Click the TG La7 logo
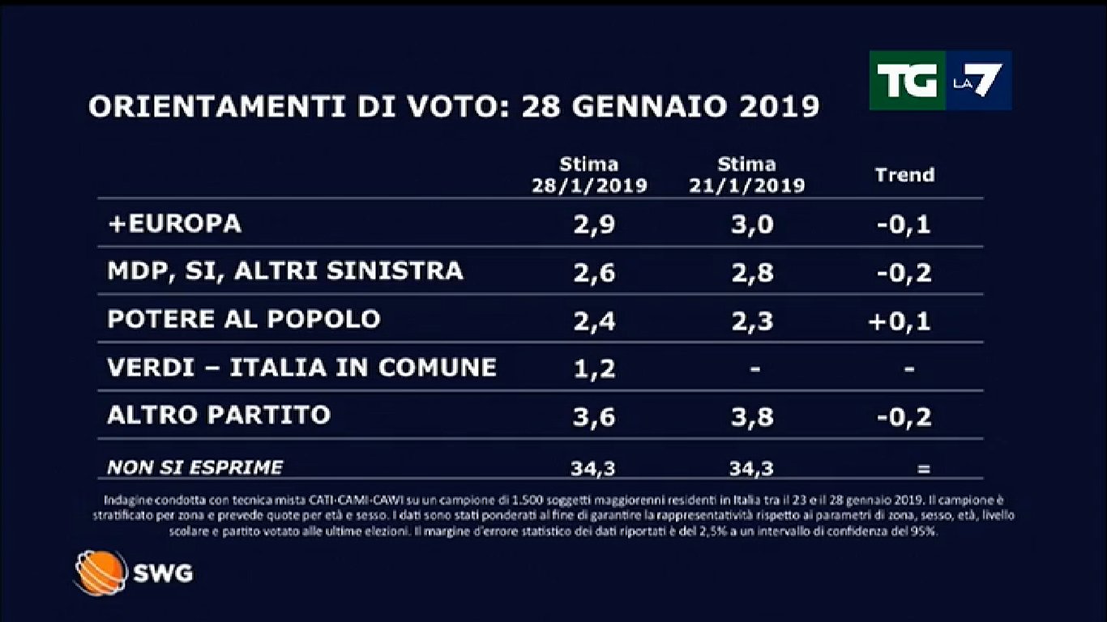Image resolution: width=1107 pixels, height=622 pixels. click(940, 80)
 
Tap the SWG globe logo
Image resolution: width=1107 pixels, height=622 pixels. click(100, 573)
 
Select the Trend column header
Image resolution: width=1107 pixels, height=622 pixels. click(904, 175)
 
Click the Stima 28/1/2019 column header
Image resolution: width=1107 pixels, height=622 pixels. click(589, 175)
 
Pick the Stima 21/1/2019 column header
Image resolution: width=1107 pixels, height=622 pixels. click(746, 175)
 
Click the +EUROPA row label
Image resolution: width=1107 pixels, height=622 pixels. click(174, 224)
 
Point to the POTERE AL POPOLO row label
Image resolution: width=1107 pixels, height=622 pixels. click(244, 319)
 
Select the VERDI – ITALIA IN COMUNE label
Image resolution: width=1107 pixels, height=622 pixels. click(301, 368)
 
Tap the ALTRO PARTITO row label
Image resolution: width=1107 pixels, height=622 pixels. click(219, 415)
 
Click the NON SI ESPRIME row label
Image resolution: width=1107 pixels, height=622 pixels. click(195, 467)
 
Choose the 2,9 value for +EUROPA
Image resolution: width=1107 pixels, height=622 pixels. click(593, 225)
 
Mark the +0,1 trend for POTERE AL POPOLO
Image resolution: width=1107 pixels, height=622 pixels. click(900, 321)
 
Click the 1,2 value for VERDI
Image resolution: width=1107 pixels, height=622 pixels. click(593, 369)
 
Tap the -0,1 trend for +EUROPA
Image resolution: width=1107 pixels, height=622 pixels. click(904, 225)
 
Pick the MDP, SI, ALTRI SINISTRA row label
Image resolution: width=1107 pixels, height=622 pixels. click(285, 271)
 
